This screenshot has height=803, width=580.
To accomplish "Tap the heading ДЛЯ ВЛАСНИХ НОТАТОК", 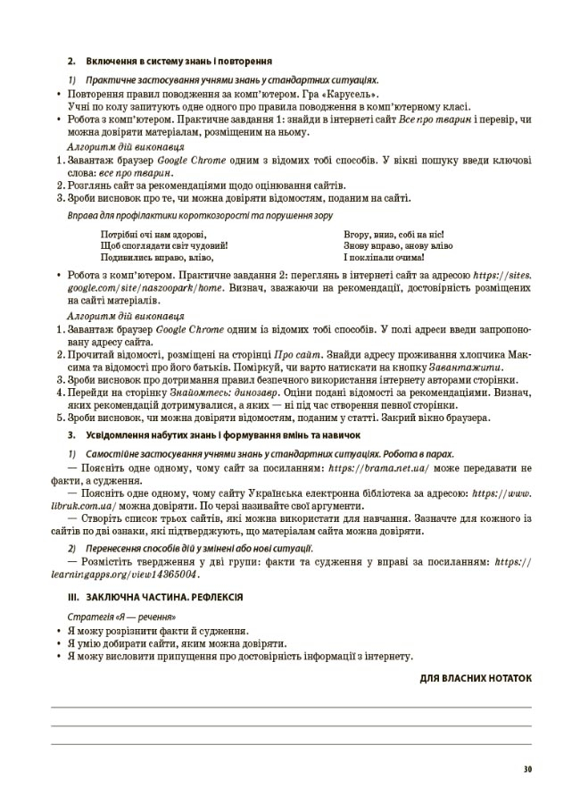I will click(476, 678).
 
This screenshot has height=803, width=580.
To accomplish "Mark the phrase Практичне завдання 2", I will click(227, 277).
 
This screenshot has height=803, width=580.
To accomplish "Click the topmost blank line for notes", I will click(290, 706).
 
